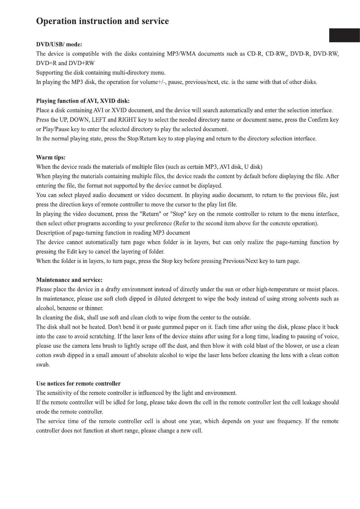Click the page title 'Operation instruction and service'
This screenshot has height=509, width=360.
(x=102, y=21)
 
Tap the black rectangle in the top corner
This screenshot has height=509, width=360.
(x=344, y=35)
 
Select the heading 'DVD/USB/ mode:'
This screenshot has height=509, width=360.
(x=59, y=45)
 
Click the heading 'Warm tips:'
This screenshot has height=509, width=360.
(x=51, y=158)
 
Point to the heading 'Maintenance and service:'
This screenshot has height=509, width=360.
(x=69, y=280)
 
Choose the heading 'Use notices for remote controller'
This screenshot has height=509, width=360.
(x=78, y=384)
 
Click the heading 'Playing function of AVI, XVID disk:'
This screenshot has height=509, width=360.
(x=83, y=101)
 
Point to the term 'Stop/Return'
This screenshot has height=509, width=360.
(x=141, y=139)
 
